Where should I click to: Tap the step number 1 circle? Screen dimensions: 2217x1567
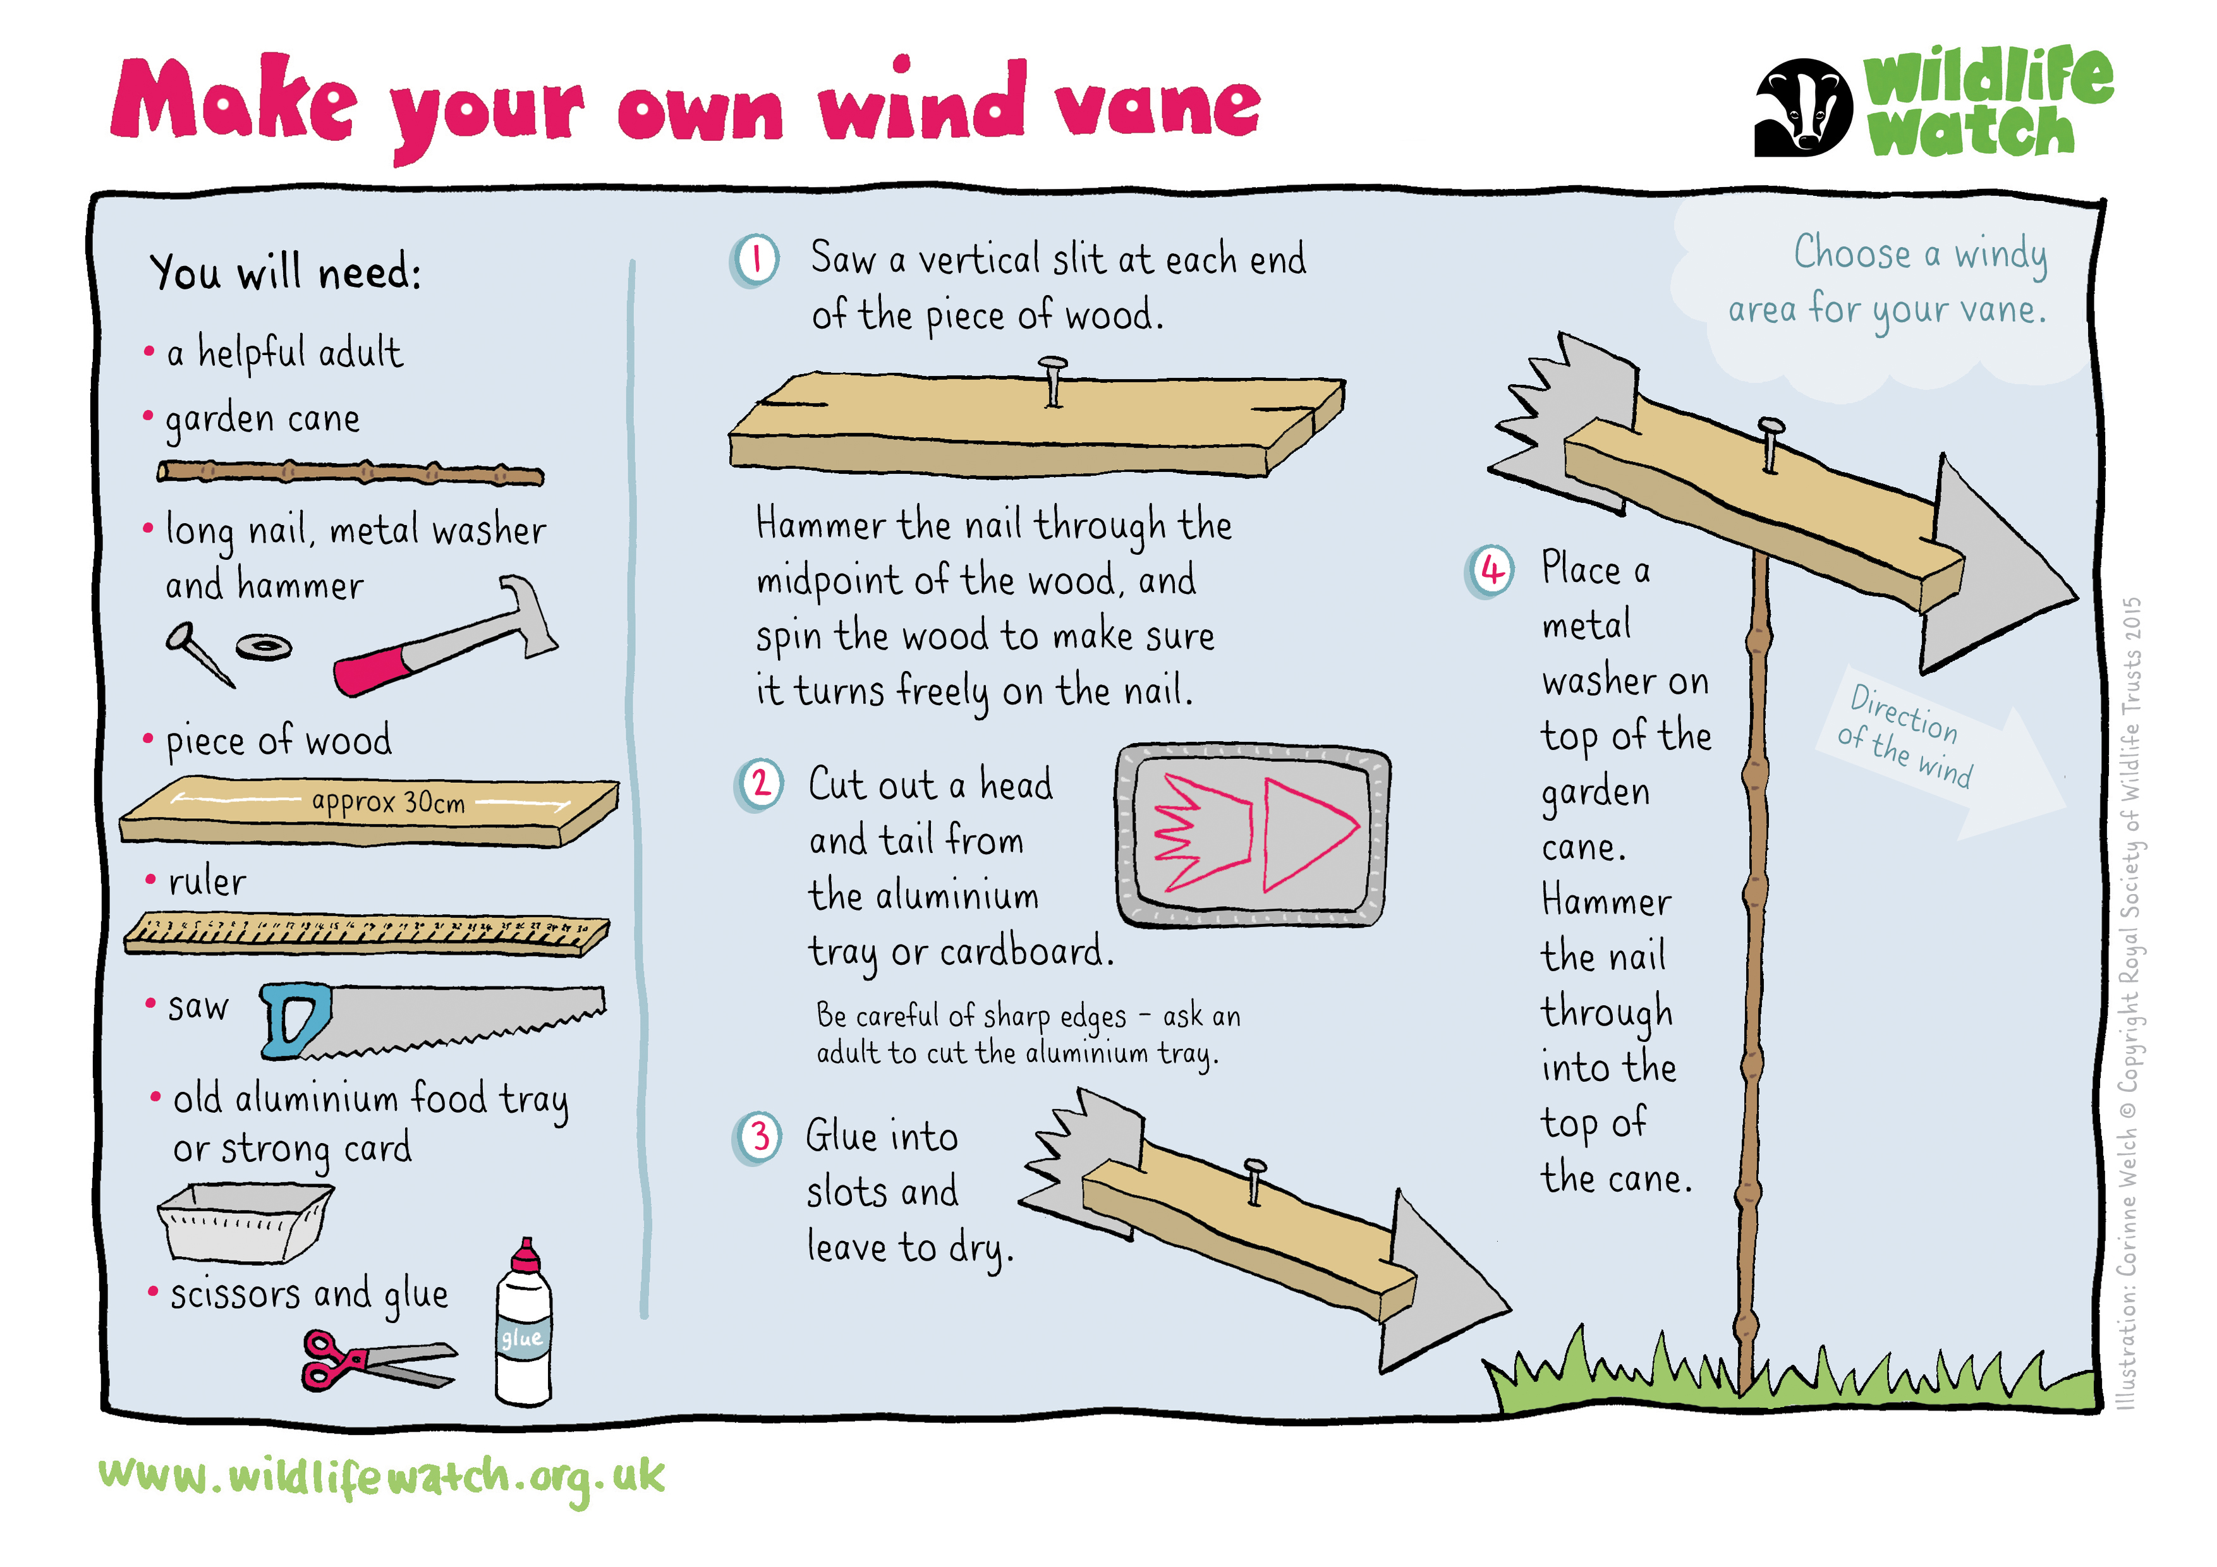[755, 261]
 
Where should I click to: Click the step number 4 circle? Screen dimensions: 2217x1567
[1491, 572]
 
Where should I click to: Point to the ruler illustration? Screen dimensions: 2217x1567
[367, 934]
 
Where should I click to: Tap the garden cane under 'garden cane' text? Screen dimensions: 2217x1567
[351, 473]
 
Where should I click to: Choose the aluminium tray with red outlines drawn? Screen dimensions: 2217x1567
[1253, 835]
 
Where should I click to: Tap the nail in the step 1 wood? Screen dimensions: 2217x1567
[1052, 382]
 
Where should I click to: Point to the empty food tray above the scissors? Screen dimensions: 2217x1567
[245, 1223]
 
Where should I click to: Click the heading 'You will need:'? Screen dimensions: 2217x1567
[286, 272]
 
